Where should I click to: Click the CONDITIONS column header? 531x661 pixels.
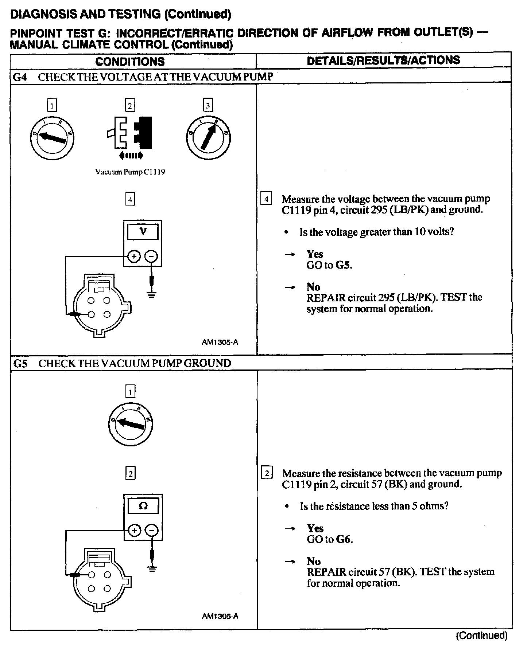[130, 61]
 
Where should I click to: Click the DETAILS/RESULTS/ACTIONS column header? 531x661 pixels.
[383, 60]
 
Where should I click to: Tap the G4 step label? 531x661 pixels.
[20, 77]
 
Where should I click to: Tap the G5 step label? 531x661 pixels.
[20, 363]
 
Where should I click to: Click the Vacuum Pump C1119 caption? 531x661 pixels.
[130, 172]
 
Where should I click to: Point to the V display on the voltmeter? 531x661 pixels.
[143, 231]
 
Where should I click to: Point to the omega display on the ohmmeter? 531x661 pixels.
[143, 506]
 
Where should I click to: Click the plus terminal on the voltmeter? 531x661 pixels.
[134, 257]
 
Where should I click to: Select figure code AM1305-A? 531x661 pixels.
[220, 342]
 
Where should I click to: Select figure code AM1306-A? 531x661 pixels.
[220, 616]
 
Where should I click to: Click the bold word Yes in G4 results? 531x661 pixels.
[315, 254]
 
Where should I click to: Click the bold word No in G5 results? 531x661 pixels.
[314, 561]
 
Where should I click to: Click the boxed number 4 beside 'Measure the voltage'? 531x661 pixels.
[266, 199]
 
